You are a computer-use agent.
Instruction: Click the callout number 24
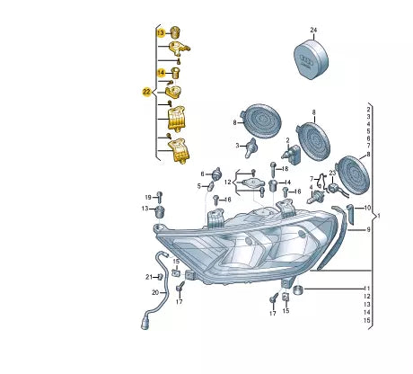click(313, 30)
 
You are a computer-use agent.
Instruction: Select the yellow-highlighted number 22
click(146, 93)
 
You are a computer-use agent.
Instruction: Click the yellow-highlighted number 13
click(161, 32)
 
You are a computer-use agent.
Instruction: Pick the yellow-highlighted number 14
click(162, 73)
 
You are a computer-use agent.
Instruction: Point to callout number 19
click(148, 197)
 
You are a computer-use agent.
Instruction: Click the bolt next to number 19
click(159, 197)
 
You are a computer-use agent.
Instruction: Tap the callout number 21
click(149, 277)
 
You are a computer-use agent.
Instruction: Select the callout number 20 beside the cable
click(155, 292)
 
